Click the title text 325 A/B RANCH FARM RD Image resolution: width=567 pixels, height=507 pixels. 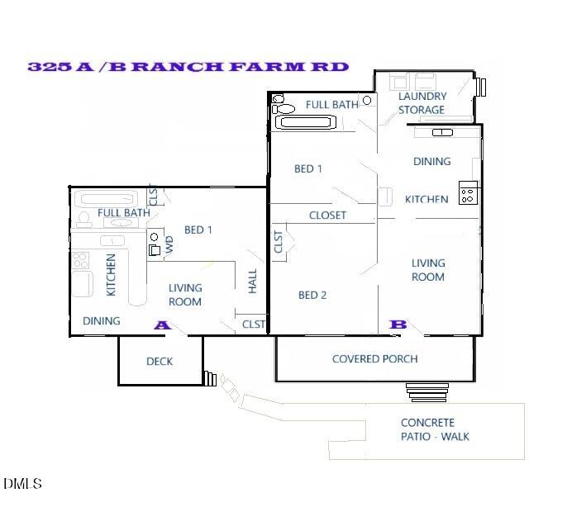point(188,67)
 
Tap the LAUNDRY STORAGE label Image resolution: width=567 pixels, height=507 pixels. point(422,103)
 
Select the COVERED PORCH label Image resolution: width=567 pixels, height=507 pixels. point(374,359)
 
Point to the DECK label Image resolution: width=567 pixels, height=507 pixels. point(160,362)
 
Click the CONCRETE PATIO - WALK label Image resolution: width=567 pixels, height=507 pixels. point(436,429)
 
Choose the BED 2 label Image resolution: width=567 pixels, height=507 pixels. point(312,295)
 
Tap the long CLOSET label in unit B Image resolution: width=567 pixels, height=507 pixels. point(327,216)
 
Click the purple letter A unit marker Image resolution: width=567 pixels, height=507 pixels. point(162,325)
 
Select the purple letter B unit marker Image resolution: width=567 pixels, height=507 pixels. point(398,325)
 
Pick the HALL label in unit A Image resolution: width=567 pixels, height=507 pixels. point(253,281)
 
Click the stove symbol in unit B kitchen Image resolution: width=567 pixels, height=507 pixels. point(468,192)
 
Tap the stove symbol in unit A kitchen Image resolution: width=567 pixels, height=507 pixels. point(80,261)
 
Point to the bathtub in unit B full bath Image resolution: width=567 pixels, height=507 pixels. point(306,123)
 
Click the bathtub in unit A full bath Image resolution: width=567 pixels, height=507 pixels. point(109,198)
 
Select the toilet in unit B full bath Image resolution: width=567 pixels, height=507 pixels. point(284,108)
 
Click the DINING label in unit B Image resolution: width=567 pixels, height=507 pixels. point(432,162)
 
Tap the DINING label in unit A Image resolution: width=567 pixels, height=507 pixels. point(102,321)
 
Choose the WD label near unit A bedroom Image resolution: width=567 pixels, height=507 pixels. point(170,244)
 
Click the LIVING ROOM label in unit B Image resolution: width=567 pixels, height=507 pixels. point(428,270)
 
